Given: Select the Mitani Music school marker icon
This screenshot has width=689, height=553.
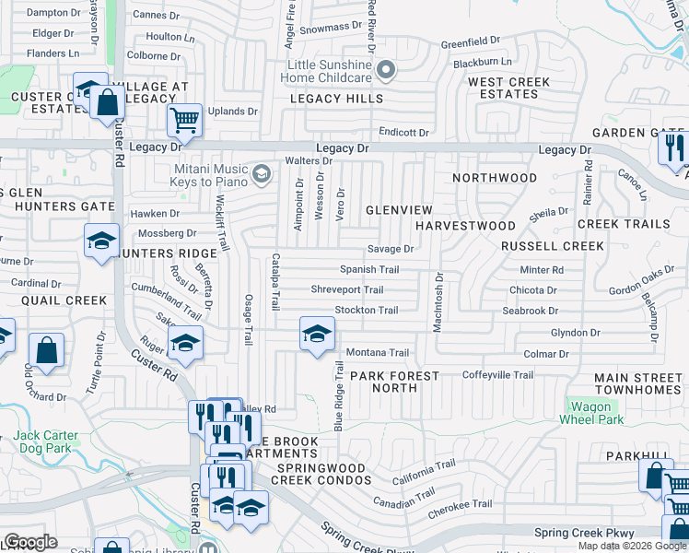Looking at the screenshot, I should (263, 172).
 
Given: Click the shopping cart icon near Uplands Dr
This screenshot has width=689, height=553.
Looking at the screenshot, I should (184, 119).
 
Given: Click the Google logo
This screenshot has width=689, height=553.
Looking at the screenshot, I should (29, 542).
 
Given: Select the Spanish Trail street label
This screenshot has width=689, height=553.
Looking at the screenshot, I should (369, 270).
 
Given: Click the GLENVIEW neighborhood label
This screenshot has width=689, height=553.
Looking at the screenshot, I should (400, 210).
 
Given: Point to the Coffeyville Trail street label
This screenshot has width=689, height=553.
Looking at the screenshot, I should (497, 375).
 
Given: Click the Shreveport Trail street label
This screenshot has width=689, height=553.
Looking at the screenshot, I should (347, 289).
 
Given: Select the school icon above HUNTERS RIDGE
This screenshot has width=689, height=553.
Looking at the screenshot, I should (100, 241).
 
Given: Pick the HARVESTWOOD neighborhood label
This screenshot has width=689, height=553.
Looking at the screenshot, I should (465, 226).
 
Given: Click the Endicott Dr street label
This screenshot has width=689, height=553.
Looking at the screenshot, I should (403, 133).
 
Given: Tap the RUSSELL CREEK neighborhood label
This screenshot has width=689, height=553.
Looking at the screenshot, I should (552, 246).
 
